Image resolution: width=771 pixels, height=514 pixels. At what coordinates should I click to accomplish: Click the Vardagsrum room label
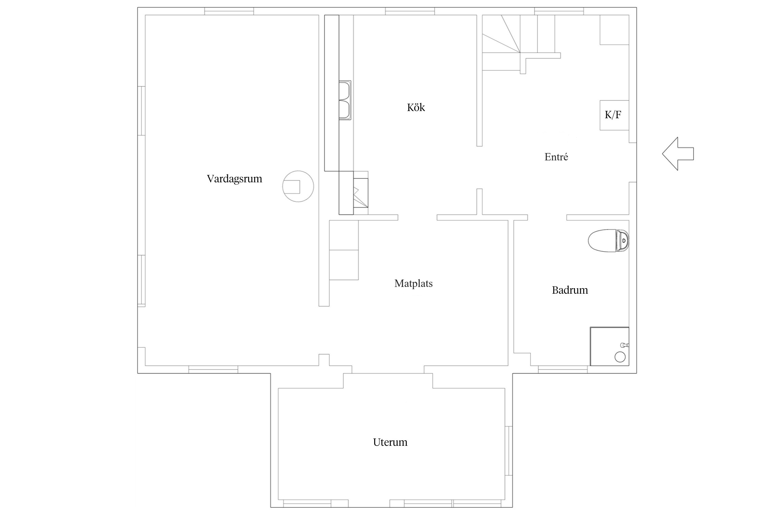point(234,179)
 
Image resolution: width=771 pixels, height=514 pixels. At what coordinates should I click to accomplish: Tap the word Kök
point(416,108)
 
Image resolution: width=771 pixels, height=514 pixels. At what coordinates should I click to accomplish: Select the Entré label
point(556,157)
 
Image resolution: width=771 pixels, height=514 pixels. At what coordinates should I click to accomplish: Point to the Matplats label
point(413,284)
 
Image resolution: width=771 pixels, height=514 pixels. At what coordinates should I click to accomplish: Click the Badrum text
point(570,290)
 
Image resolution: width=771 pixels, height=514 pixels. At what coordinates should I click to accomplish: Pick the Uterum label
point(390,442)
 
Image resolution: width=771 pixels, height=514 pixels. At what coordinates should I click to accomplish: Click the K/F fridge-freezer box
point(614,115)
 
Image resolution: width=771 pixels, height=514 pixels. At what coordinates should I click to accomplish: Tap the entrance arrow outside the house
point(678,154)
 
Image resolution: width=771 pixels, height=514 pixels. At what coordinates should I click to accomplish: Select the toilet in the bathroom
point(609,240)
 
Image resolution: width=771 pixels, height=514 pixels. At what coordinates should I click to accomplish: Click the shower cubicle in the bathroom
point(609,346)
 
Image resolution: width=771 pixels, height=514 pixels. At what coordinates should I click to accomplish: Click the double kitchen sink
point(345,100)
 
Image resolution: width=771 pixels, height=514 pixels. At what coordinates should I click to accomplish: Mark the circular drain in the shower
point(620,357)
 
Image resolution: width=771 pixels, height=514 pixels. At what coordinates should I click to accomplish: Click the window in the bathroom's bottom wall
point(563,369)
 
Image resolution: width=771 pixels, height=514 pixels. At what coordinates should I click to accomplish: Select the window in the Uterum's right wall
point(509,451)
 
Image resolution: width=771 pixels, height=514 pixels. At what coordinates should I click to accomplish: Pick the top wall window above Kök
point(410,11)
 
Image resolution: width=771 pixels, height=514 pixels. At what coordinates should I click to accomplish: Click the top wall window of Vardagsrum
point(229,11)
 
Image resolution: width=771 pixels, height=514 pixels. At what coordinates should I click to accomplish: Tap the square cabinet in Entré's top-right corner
point(614,30)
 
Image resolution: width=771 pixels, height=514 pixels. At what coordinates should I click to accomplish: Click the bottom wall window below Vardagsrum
point(213,369)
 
